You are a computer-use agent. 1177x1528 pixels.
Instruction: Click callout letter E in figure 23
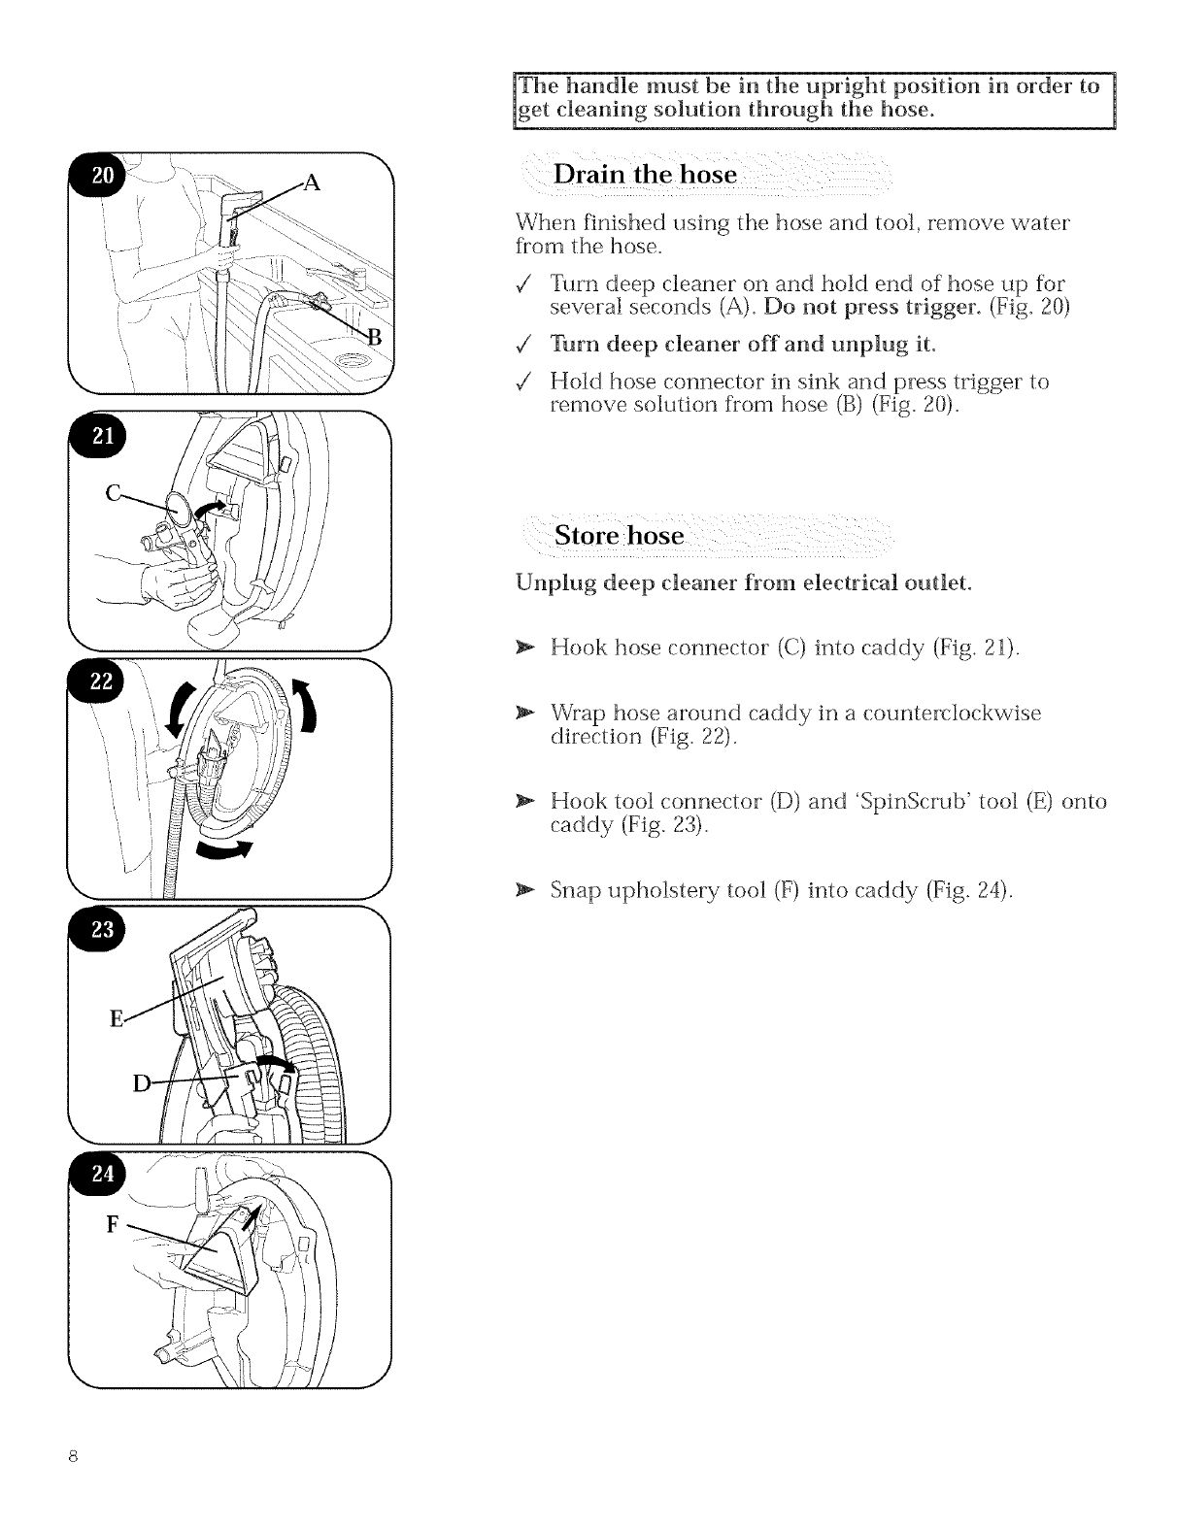[x=117, y=1018]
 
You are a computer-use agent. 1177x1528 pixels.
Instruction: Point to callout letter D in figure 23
[x=142, y=1084]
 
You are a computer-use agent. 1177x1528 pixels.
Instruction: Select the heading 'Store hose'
[x=619, y=536]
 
